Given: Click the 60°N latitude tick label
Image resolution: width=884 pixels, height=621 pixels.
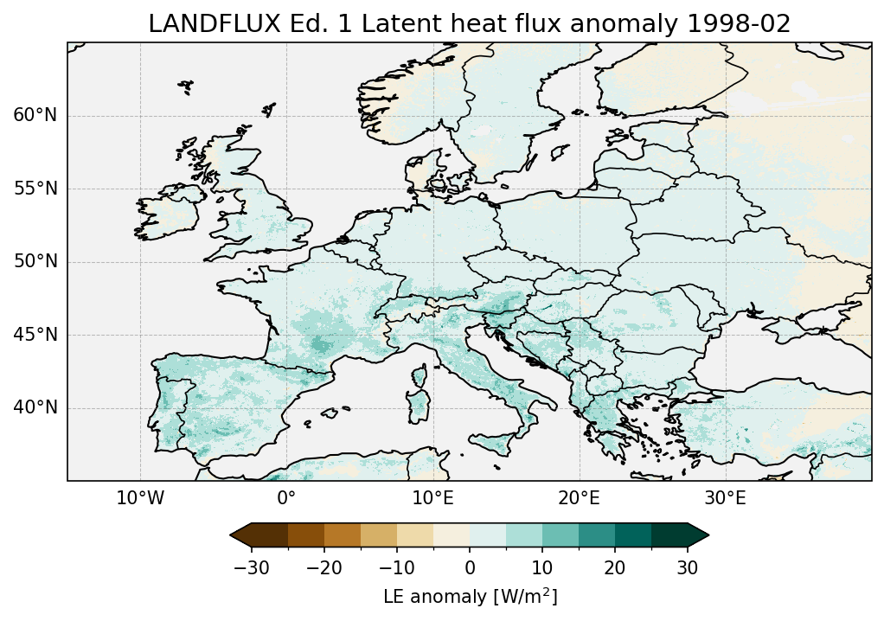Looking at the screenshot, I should pyautogui.click(x=35, y=116).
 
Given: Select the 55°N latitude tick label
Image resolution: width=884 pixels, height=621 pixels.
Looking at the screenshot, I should pyautogui.click(x=35, y=189).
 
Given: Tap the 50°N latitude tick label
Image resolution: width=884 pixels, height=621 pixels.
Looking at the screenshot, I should pyautogui.click(x=35, y=262).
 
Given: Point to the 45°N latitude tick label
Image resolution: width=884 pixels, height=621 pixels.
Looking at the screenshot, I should pyautogui.click(x=35, y=335).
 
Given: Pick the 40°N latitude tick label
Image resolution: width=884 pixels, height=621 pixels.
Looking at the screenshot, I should pyautogui.click(x=35, y=407).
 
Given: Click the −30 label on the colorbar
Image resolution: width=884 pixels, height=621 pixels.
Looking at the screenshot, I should pyautogui.click(x=251, y=567).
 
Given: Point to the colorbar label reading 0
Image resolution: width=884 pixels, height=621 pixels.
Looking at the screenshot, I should pyautogui.click(x=470, y=567).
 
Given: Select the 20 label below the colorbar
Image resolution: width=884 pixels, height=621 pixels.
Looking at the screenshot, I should pyautogui.click(x=615, y=567).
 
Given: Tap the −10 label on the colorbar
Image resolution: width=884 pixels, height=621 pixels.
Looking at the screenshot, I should pyautogui.click(x=396, y=567).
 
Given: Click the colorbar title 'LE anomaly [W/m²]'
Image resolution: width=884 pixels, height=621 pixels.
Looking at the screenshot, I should pyautogui.click(x=470, y=597).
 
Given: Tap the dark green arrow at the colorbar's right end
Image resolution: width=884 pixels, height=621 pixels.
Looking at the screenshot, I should pyautogui.click(x=698, y=535).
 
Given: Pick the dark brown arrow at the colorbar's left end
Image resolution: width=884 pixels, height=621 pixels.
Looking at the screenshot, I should pyautogui.click(x=240, y=535).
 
